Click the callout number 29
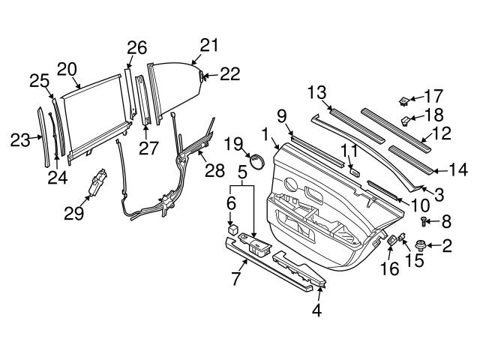(71, 214)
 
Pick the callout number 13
(317, 92)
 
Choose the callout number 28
(214, 170)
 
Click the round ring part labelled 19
(257, 163)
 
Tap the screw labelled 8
(424, 220)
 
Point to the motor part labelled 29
(96, 185)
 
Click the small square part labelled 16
(391, 241)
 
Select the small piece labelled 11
(355, 171)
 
